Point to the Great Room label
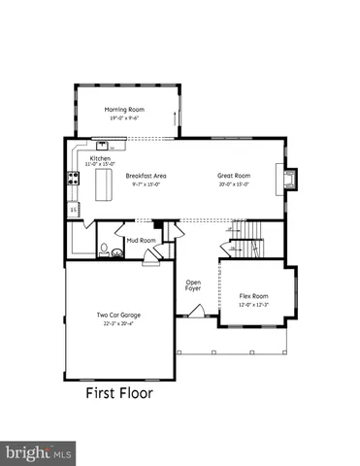point(233,176)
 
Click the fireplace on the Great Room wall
point(288,179)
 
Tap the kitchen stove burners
point(72,179)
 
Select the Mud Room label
point(141,240)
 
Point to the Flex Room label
point(253,296)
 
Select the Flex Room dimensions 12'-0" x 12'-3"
point(253,305)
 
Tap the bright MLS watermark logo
point(39,451)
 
